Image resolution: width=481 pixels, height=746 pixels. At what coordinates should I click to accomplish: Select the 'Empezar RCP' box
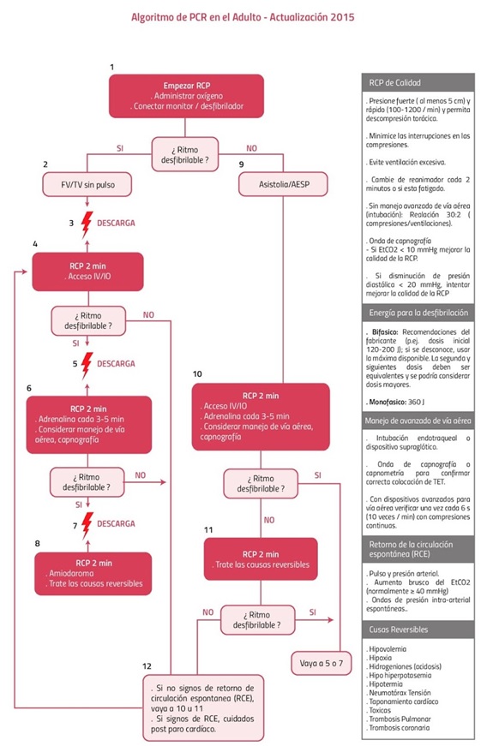[180, 96]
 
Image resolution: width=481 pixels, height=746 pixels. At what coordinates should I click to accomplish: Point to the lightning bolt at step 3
[85, 224]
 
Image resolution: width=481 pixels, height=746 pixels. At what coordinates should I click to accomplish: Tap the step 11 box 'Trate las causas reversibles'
[261, 558]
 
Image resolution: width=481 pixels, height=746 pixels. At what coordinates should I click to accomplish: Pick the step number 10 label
[197, 374]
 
